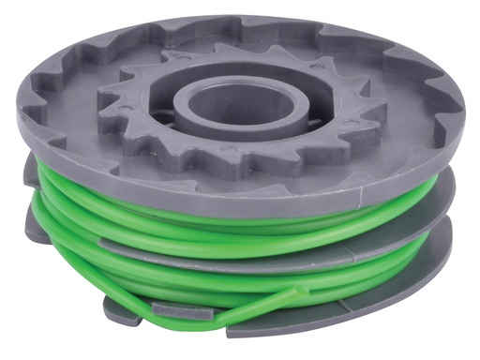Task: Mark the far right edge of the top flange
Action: point(461,127)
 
